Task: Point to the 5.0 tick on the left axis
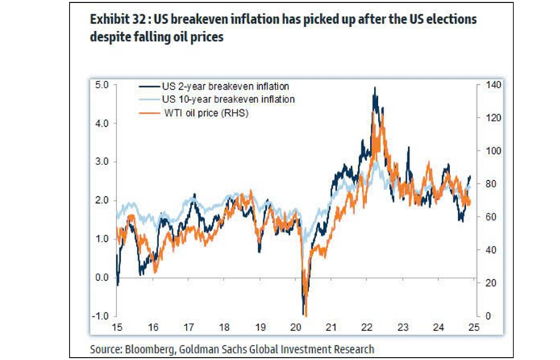tap(101, 85)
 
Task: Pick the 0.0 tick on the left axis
tap(101, 277)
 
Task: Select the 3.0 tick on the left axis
tap(101, 162)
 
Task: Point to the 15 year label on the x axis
tap(117, 328)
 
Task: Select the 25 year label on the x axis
tap(472, 328)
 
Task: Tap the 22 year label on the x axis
tap(365, 328)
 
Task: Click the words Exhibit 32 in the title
tap(115, 20)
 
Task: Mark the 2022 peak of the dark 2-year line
tap(373, 88)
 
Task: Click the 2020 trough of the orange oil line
tap(305, 315)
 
